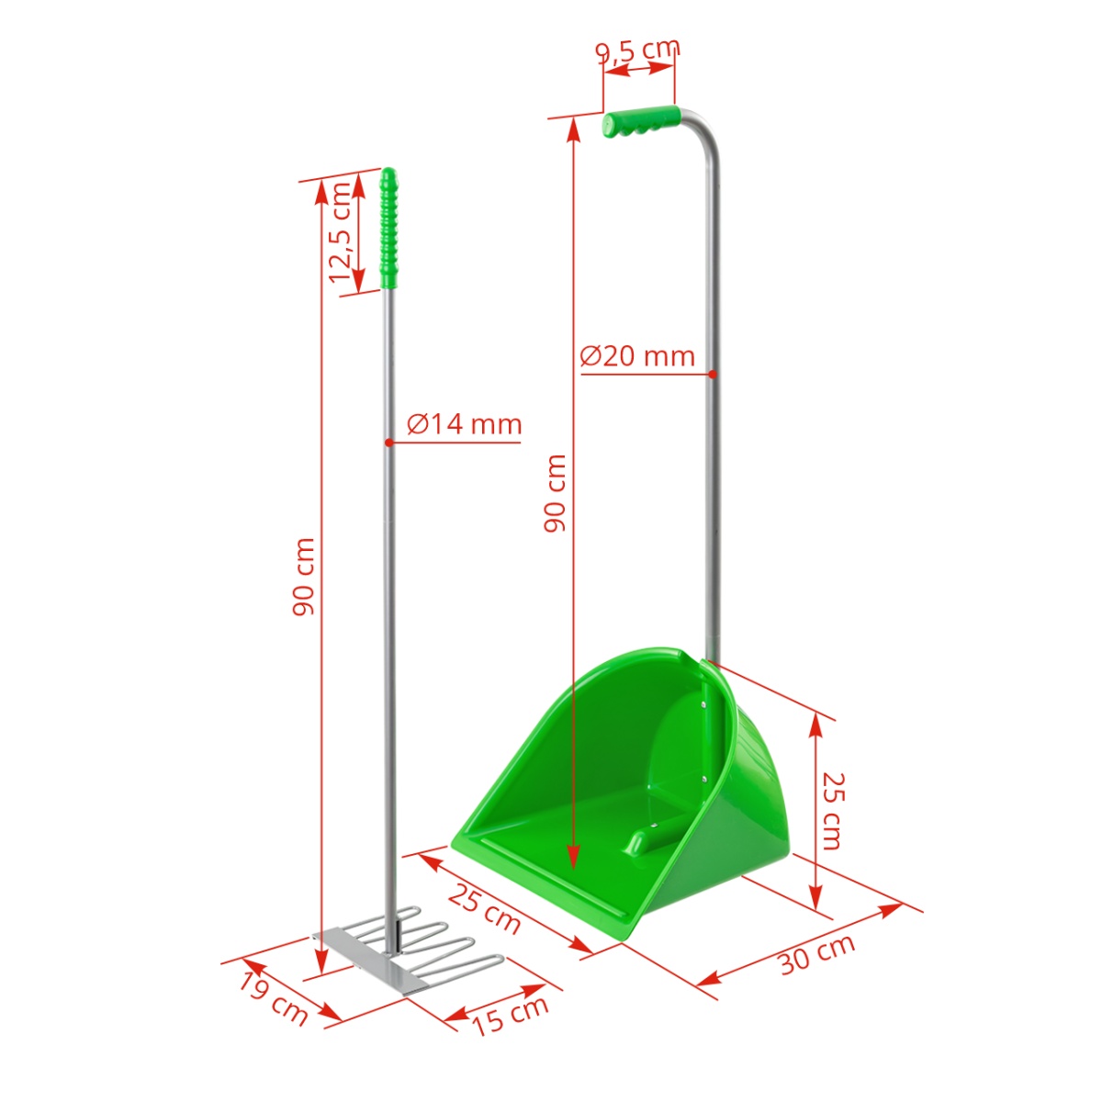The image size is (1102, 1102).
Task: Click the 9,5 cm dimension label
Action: tap(638, 49)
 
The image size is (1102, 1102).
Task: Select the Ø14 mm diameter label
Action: tap(465, 424)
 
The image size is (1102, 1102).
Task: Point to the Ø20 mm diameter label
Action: tap(637, 355)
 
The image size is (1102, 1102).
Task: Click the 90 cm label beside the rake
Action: tap(304, 577)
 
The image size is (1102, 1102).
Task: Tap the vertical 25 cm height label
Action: tap(831, 811)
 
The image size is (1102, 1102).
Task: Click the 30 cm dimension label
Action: tap(816, 954)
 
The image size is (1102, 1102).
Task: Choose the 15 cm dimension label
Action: tap(510, 1014)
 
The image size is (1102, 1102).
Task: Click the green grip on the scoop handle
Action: tap(640, 121)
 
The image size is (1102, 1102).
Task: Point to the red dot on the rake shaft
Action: tap(389, 443)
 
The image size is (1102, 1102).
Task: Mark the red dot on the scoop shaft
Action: tap(713, 374)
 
